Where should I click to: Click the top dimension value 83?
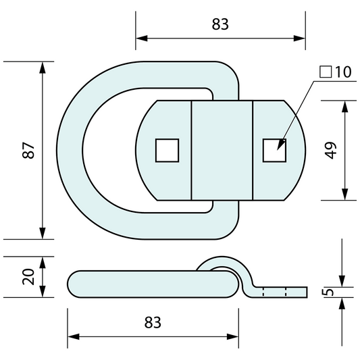click(x=220, y=24)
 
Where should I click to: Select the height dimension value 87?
click(x=28, y=150)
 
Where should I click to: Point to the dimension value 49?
click(x=330, y=150)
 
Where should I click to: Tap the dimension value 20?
click(x=28, y=277)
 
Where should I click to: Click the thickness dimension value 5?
click(x=328, y=292)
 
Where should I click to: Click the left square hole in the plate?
click(x=167, y=150)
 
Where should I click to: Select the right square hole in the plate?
click(x=274, y=150)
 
